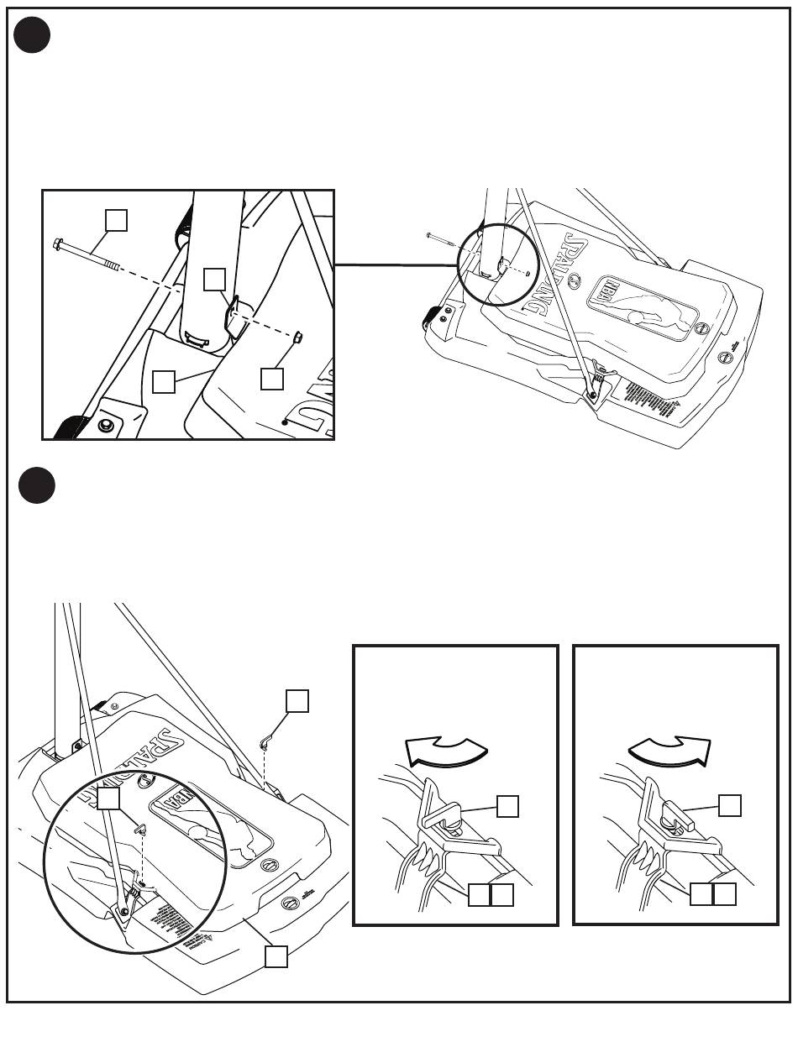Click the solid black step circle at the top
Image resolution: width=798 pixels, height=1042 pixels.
pos(33,35)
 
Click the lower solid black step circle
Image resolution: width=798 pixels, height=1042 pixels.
pos(36,485)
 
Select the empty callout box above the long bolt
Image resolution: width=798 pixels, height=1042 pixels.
pos(116,219)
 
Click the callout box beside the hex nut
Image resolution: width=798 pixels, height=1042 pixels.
pos(271,379)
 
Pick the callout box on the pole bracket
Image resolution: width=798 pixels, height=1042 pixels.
pos(215,279)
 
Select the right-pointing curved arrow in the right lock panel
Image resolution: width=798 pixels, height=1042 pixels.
pos(669,750)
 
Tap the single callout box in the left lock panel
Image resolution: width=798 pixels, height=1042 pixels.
pos(507,806)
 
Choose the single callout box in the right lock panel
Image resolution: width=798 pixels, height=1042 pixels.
pos(730,805)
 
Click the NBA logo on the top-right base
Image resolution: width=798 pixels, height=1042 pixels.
pos(606,294)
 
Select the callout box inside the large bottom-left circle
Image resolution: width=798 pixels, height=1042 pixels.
pos(109,799)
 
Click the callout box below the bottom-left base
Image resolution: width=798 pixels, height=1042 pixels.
pos(276,956)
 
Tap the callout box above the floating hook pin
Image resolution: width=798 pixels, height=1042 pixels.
pos(297,700)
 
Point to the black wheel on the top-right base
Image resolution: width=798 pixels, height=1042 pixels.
pos(433,317)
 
